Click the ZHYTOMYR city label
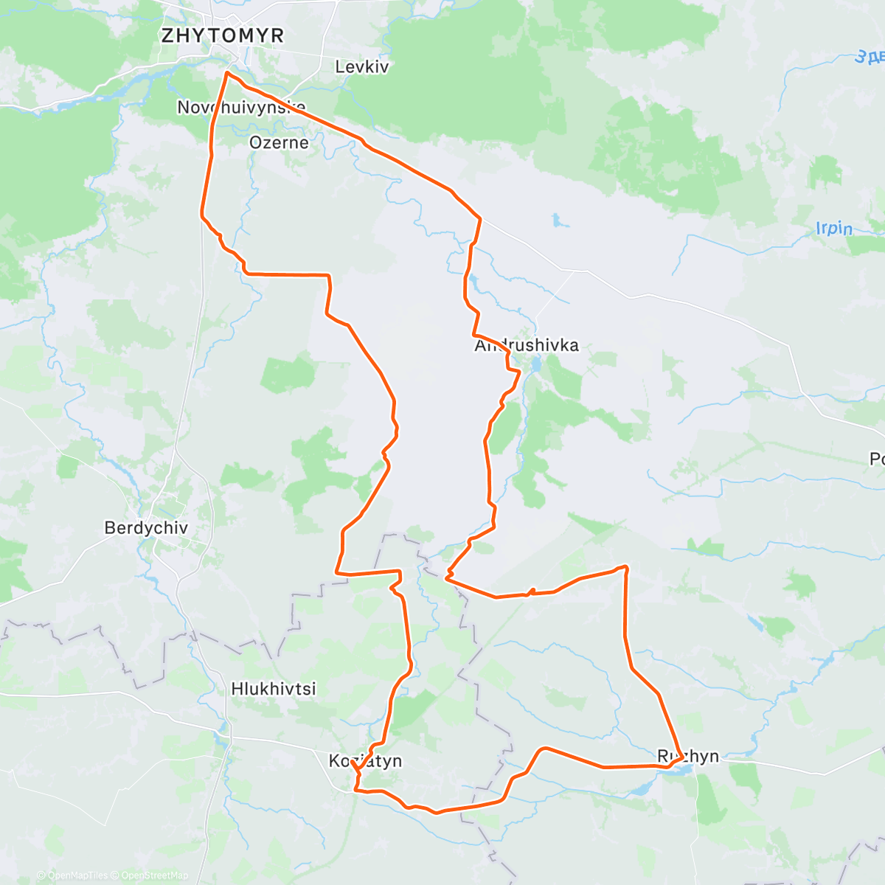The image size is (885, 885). pyautogui.click(x=222, y=35)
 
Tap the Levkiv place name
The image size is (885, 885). pyautogui.click(x=361, y=66)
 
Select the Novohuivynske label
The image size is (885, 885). pyautogui.click(x=241, y=108)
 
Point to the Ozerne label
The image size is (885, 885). pyautogui.click(x=279, y=142)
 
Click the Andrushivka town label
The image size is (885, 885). pyautogui.click(x=526, y=345)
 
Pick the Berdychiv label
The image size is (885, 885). pyautogui.click(x=146, y=528)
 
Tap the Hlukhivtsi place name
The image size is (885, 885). pyautogui.click(x=274, y=689)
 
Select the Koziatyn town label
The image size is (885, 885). pyautogui.click(x=365, y=760)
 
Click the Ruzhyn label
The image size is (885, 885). pyautogui.click(x=687, y=756)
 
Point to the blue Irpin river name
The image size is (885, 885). pyautogui.click(x=833, y=229)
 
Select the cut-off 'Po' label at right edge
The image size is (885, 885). pyautogui.click(x=876, y=459)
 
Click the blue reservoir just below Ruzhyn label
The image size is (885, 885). pyautogui.click(x=682, y=770)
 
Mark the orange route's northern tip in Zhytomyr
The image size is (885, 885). pyautogui.click(x=226, y=73)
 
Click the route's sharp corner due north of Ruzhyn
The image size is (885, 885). pyautogui.click(x=625, y=566)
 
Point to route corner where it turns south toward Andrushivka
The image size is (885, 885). pyautogui.click(x=480, y=218)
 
